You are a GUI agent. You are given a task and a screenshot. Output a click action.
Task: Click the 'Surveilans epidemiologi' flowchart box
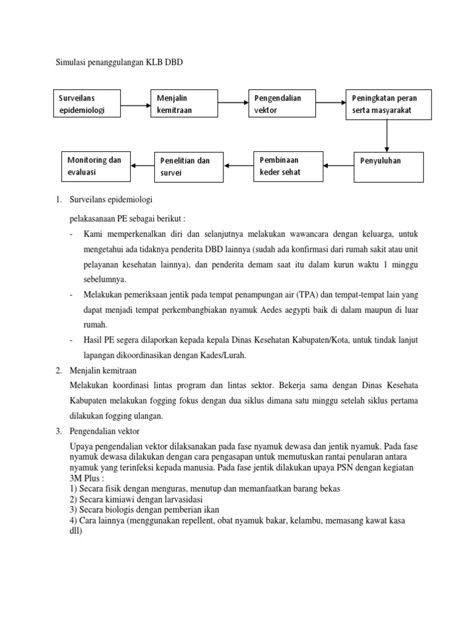pos(86,104)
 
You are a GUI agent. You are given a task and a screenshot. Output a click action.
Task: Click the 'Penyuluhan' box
pos(389,167)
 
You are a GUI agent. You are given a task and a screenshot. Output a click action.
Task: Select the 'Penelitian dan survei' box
pos(189,166)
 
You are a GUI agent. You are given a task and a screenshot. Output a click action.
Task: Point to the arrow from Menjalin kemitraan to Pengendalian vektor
pos(233,104)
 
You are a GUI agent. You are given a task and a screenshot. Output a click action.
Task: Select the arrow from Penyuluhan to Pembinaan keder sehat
pos(338,165)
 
